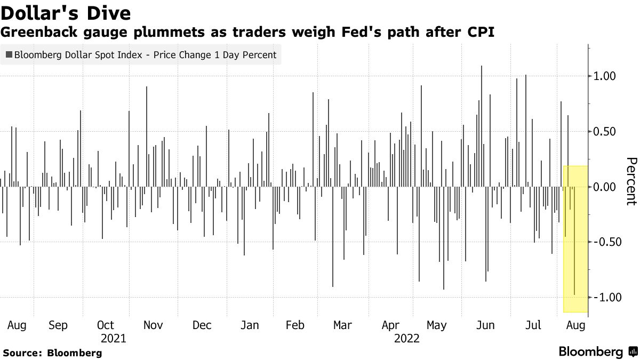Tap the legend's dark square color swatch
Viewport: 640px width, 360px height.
click(9, 55)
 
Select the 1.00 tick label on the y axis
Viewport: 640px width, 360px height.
click(604, 76)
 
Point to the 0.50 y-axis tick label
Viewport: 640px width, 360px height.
click(604, 132)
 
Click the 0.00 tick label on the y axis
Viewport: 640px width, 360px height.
click(604, 187)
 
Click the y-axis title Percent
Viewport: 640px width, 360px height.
click(631, 181)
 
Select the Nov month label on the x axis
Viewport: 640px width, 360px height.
click(154, 325)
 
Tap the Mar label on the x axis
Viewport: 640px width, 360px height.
click(342, 325)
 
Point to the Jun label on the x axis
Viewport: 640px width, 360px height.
click(485, 325)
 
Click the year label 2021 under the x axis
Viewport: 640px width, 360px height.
click(114, 339)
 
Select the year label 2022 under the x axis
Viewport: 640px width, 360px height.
click(407, 339)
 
